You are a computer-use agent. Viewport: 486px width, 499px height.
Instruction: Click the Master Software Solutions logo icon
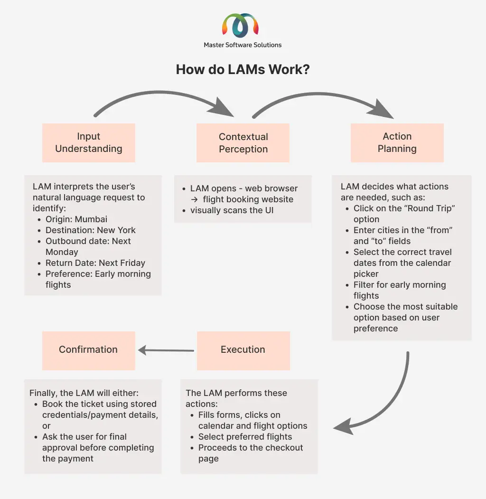point(241,25)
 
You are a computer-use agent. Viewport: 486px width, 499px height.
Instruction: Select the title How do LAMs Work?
point(243,69)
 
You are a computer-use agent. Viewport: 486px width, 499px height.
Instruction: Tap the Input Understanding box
point(89,143)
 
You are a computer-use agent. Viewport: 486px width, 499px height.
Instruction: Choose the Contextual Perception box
point(243,143)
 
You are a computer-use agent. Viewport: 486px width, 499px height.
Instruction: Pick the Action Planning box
point(397,143)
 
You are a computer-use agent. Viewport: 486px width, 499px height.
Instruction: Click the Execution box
point(243,351)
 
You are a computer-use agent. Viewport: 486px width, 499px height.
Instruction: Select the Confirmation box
point(89,351)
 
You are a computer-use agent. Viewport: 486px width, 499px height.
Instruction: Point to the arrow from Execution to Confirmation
point(166,350)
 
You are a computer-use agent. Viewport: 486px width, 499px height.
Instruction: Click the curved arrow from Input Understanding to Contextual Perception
point(159,93)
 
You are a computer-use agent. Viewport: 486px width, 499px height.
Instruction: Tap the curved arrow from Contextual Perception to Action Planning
point(318,94)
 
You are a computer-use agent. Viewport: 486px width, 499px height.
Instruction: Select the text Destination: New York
point(90,230)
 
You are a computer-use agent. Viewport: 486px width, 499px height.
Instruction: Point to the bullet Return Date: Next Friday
point(95,263)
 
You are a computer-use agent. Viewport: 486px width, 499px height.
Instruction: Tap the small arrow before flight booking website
point(194,199)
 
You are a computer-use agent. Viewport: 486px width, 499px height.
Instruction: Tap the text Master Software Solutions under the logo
point(243,45)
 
